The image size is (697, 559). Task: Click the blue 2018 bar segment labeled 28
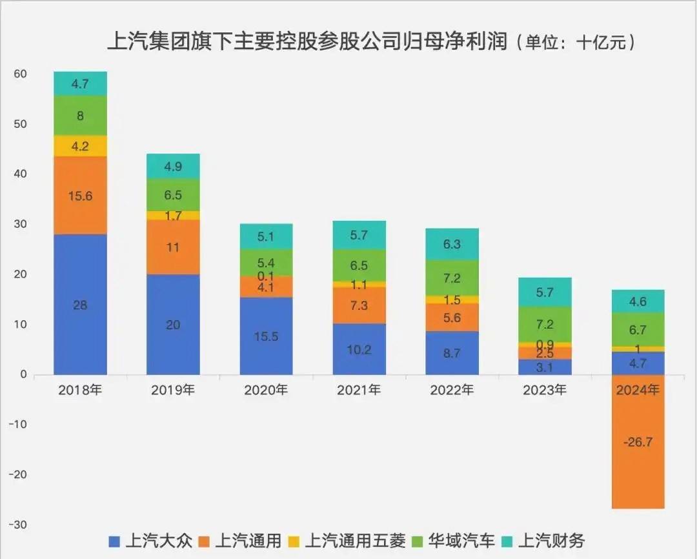[x=80, y=304]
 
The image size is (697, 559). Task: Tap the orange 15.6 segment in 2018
[x=80, y=196]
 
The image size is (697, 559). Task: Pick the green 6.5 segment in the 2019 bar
[x=173, y=194]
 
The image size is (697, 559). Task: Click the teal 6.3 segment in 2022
[x=452, y=245]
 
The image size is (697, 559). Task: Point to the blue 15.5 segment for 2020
[x=266, y=336]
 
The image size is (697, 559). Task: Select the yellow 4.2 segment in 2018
[x=80, y=146]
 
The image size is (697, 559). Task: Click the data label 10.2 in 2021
[x=359, y=351]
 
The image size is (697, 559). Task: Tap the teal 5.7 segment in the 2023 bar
[x=545, y=292]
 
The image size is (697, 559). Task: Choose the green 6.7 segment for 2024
[x=638, y=330]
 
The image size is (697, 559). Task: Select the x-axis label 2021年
[x=359, y=390]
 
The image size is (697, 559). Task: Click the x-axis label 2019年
[x=173, y=390]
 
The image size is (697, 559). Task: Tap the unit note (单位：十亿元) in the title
[x=580, y=43]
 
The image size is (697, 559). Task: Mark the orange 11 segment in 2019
[x=173, y=247]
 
